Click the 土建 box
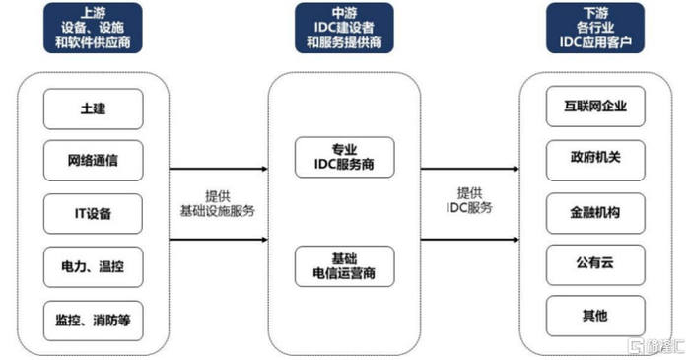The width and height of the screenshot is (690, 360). (94, 108)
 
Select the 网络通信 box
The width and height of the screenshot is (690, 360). (94, 160)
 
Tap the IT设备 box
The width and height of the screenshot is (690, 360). (94, 213)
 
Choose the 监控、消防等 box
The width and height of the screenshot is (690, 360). (94, 320)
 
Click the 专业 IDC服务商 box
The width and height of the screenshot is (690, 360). (344, 158)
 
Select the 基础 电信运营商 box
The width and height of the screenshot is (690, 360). (344, 265)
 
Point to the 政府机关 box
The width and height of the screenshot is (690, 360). (595, 158)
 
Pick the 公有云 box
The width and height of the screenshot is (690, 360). (595, 263)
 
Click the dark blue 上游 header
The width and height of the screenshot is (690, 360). (94, 29)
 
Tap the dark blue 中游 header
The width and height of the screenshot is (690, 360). (344, 29)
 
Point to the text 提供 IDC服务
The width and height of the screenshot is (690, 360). (469, 200)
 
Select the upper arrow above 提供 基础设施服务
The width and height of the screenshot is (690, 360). (218, 169)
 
